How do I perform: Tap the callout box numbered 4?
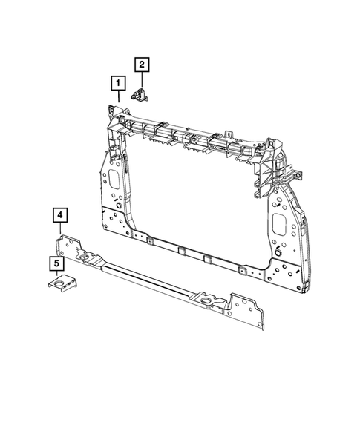[x=60, y=215]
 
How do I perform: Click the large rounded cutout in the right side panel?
[x=283, y=223]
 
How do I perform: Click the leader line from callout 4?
[x=60, y=230]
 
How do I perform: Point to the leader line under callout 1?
[x=117, y=96]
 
